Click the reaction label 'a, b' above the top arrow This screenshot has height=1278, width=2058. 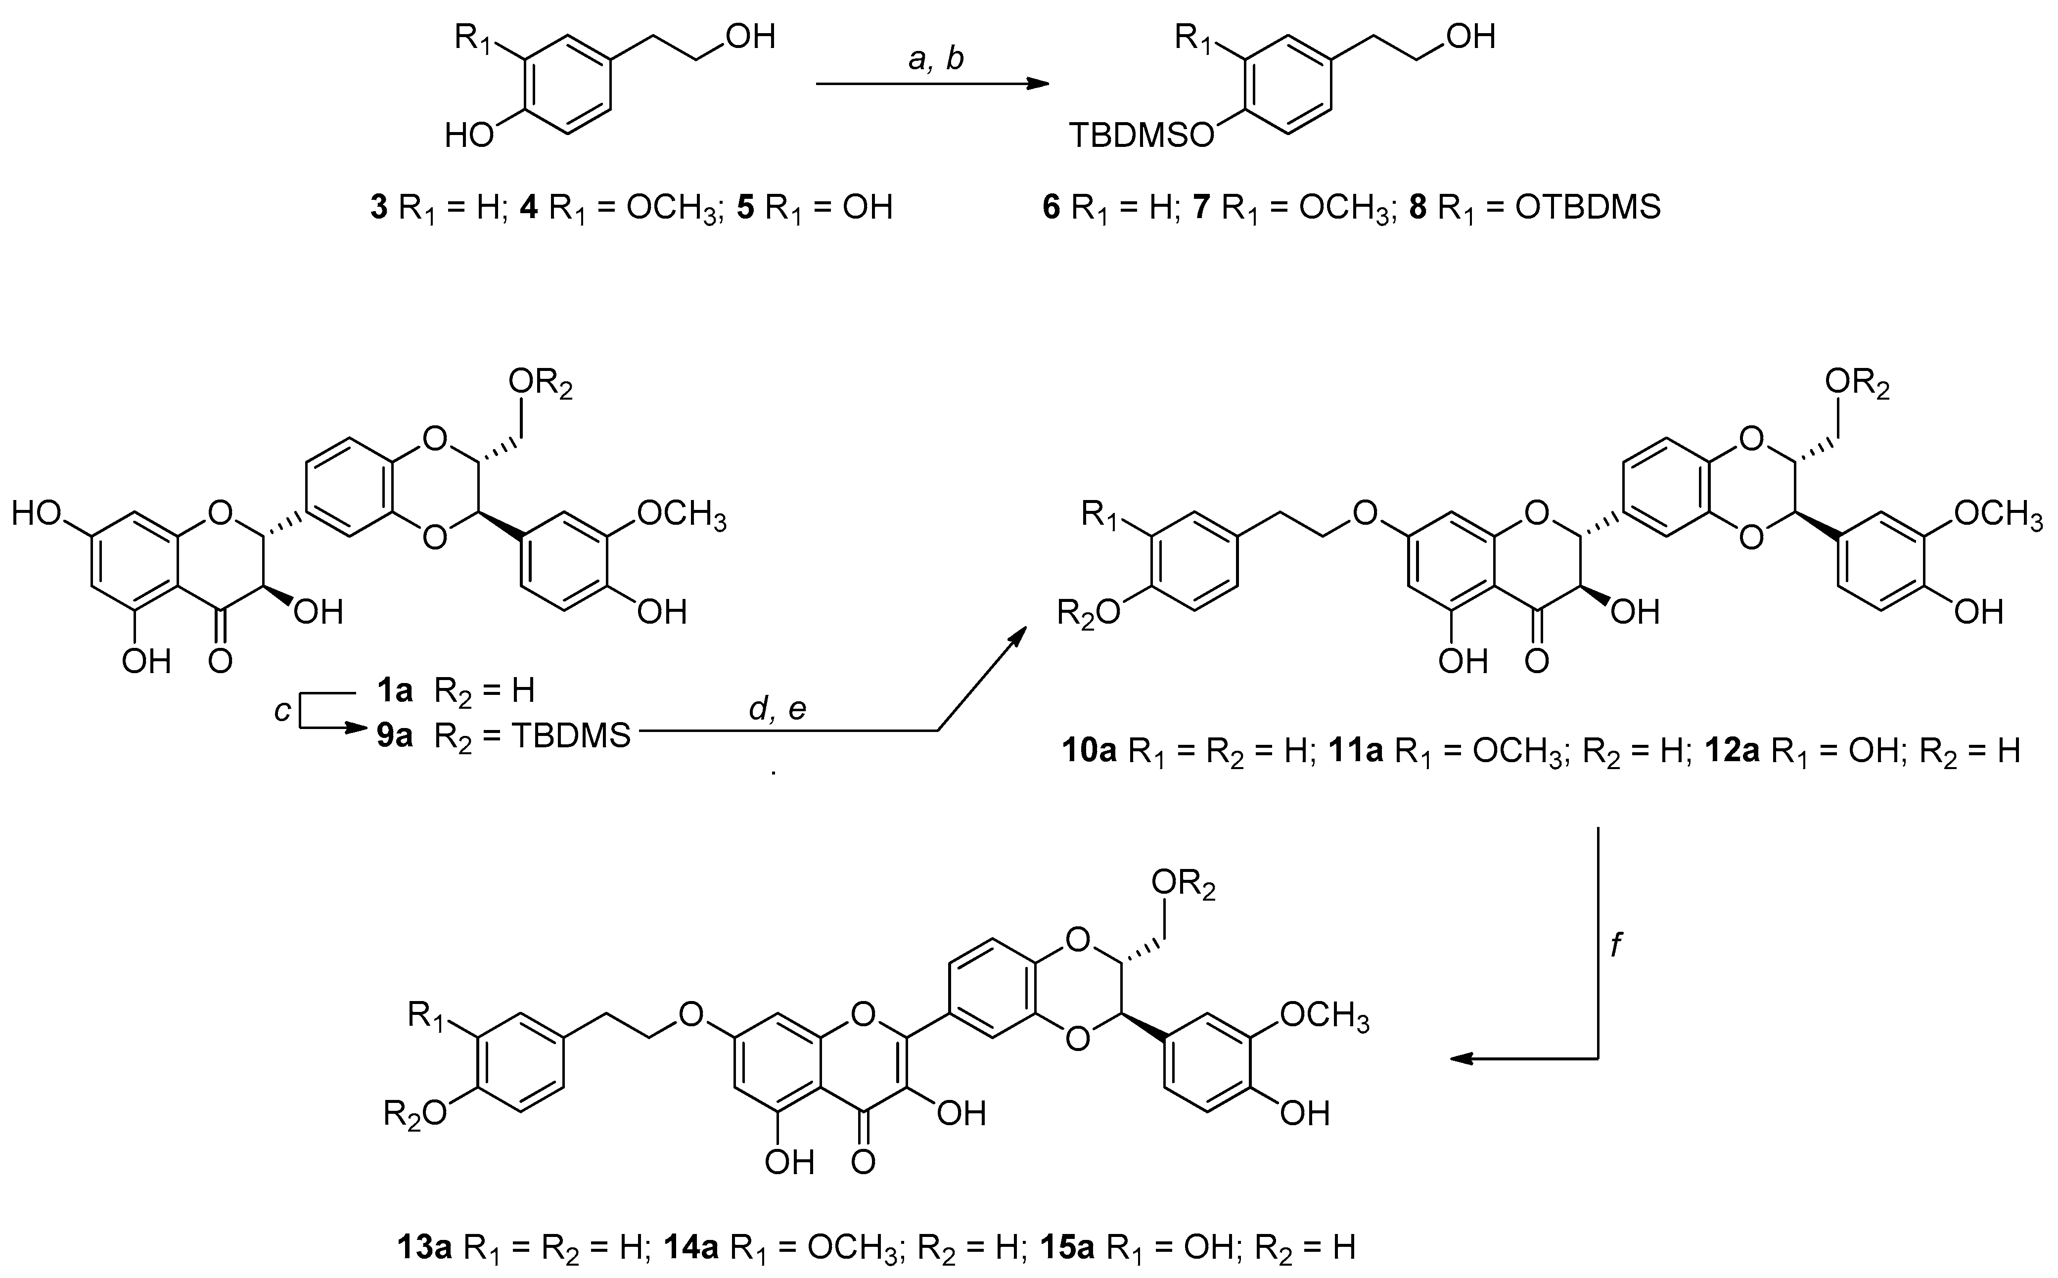[x=934, y=59]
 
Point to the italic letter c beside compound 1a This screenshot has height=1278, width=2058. [x=283, y=712]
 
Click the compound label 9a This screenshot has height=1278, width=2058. [x=395, y=736]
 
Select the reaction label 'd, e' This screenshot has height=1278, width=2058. [x=777, y=710]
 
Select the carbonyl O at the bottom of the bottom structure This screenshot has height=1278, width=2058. [x=863, y=1162]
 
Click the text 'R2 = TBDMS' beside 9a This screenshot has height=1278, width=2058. [x=533, y=736]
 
